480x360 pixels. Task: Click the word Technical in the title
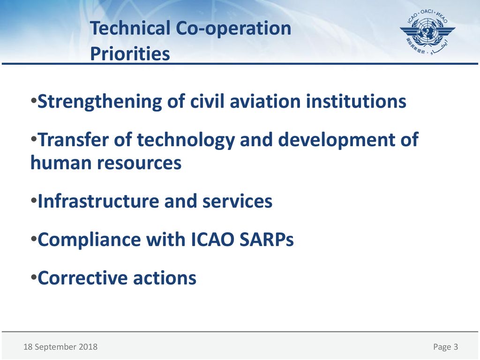pos(130,28)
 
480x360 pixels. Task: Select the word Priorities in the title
pos(130,53)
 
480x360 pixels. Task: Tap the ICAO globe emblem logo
pos(427,32)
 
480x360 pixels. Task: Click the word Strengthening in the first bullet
pos(99,102)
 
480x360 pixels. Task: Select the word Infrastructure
pos(98,201)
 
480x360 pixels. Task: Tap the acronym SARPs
pos(266,239)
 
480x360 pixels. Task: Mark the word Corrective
pos(82,277)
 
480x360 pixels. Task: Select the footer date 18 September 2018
pos(60,347)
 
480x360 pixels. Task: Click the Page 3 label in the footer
pos(446,347)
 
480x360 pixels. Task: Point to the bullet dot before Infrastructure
pos(34,200)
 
